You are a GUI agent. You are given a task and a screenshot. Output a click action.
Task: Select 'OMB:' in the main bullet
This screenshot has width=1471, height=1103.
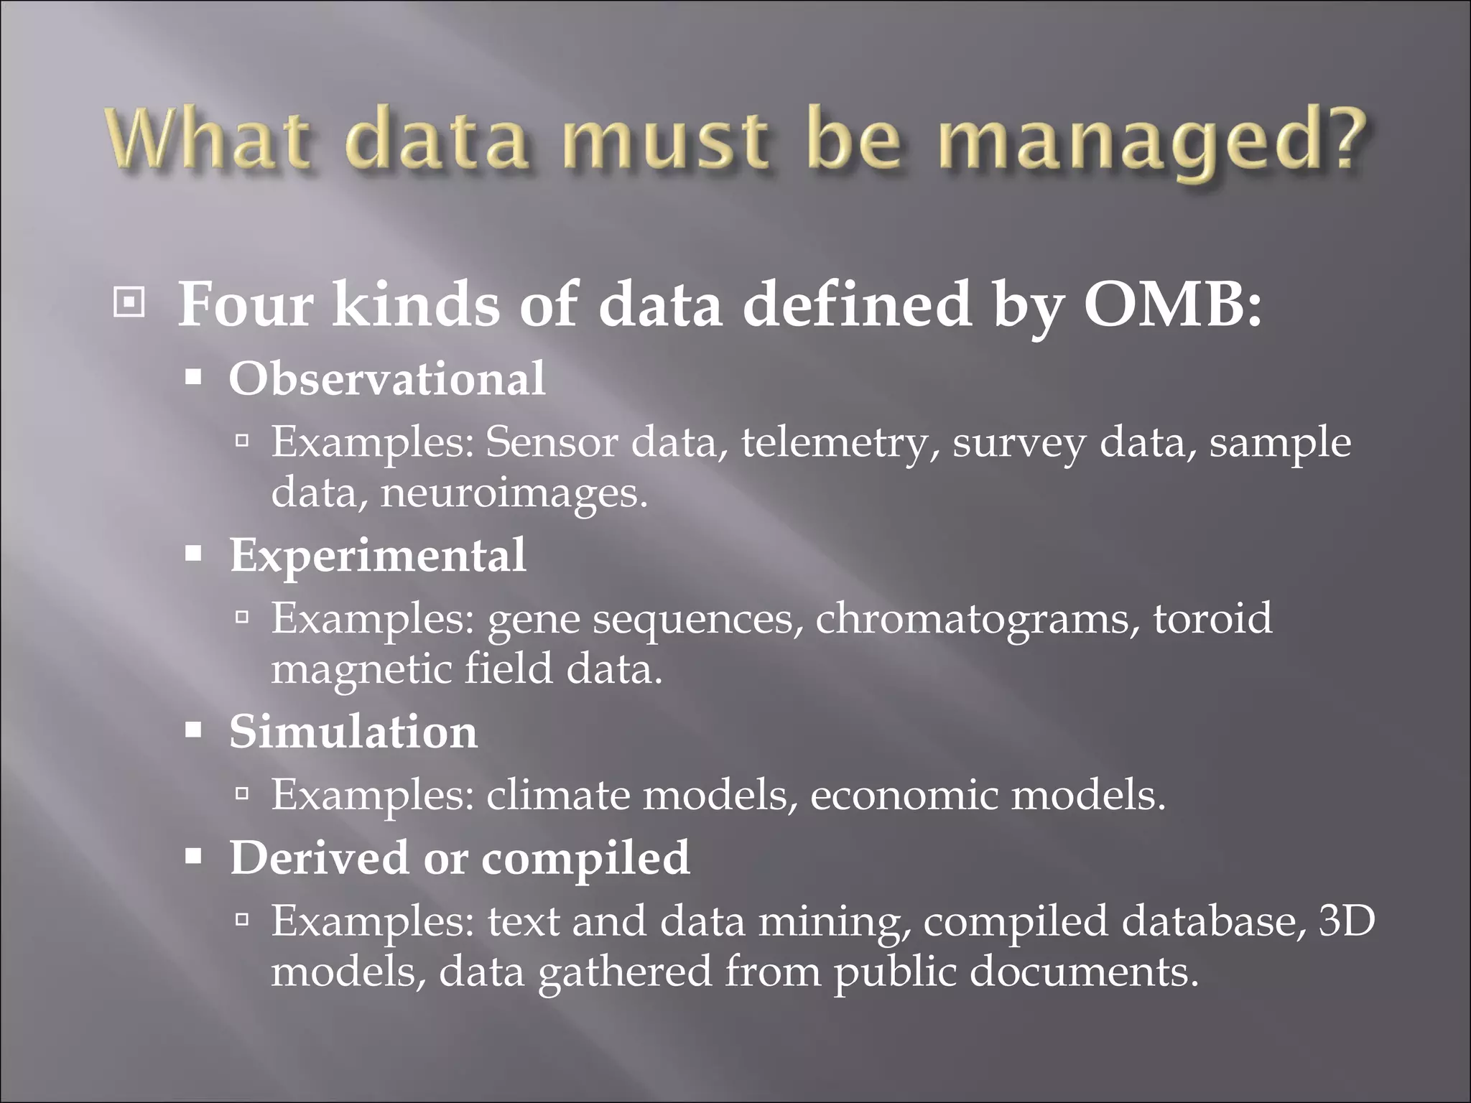pos(1171,304)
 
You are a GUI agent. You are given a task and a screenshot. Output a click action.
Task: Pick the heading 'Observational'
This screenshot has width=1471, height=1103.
pos(387,378)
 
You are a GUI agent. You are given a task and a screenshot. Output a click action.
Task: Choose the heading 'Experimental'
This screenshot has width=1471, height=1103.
pos(378,555)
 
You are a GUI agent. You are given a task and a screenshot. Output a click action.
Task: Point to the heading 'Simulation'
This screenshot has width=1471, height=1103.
pos(353,732)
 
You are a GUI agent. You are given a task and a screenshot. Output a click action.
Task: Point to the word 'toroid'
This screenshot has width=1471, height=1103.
pos(1212,618)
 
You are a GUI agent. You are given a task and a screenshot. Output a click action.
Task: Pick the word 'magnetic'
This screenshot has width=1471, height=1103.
pos(361,669)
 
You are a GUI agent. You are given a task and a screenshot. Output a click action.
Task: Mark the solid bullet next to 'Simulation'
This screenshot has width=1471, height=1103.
pos(193,732)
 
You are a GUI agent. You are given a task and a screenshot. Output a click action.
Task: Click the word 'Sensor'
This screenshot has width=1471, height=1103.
pos(551,442)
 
